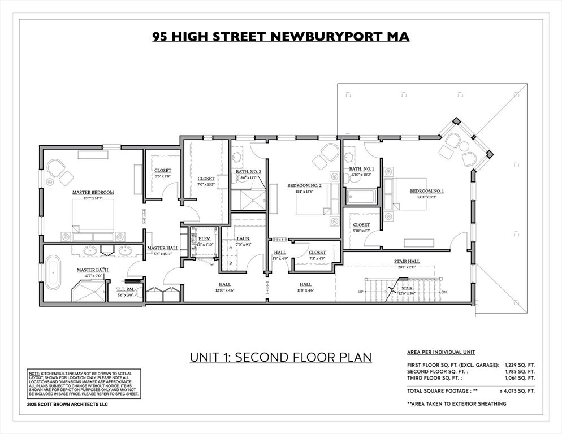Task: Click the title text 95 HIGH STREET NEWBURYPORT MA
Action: (x=280, y=37)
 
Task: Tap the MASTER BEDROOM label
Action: (x=93, y=193)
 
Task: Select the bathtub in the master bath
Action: (x=53, y=273)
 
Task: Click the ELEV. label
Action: (x=204, y=239)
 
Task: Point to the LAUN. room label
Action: (x=244, y=239)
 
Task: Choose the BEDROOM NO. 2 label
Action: (x=304, y=186)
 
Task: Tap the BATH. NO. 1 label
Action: (x=362, y=169)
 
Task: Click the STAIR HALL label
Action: (x=407, y=261)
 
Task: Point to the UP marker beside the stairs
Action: (x=360, y=292)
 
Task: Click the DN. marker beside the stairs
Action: (x=444, y=292)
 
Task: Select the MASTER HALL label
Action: (x=163, y=248)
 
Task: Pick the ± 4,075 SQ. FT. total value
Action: (x=516, y=390)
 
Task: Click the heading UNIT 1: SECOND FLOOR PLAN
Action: (x=280, y=357)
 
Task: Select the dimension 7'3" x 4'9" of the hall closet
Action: (x=317, y=258)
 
